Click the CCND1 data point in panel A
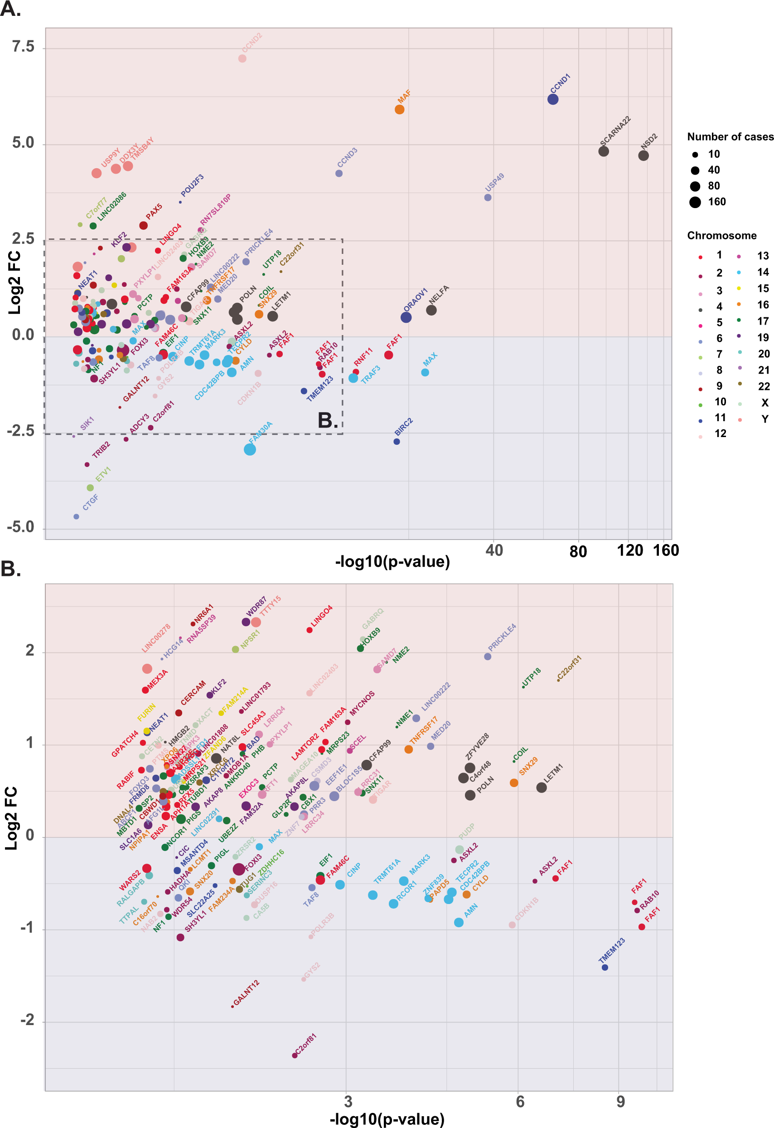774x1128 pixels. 552,99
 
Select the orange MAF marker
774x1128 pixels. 399,109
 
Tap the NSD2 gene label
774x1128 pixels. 649,141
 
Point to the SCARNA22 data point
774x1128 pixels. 603,151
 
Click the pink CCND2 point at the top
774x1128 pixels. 242,58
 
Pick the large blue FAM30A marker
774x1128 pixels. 249,449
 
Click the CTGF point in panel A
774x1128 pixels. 76,516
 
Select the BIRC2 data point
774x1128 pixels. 397,442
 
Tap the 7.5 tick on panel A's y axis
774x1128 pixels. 23,47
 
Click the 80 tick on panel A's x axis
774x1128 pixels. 578,551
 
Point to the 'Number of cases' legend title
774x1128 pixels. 730,137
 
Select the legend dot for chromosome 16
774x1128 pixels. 739,304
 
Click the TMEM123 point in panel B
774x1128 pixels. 605,968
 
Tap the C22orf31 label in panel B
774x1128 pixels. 569,668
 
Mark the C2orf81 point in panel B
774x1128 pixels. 295,1055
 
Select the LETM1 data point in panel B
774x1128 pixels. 541,787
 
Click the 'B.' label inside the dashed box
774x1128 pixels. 328,420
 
